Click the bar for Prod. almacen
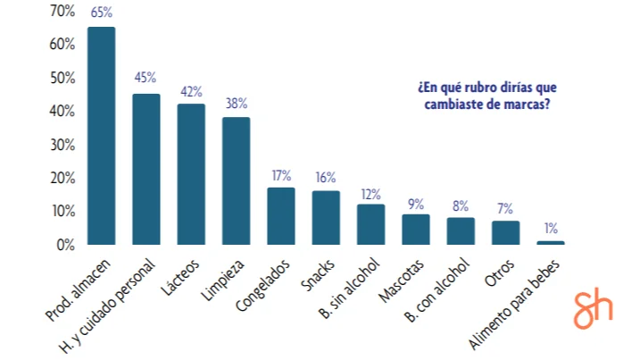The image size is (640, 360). coord(101,136)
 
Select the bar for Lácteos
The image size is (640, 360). coord(191,174)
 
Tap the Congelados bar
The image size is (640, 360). coord(281,215)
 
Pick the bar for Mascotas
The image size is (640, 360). coord(416,229)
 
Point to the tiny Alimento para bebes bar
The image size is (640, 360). coord(551,242)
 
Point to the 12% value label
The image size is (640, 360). coord(370,193)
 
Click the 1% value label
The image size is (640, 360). coord(551,230)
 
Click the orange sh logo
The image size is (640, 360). coord(594,309)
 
